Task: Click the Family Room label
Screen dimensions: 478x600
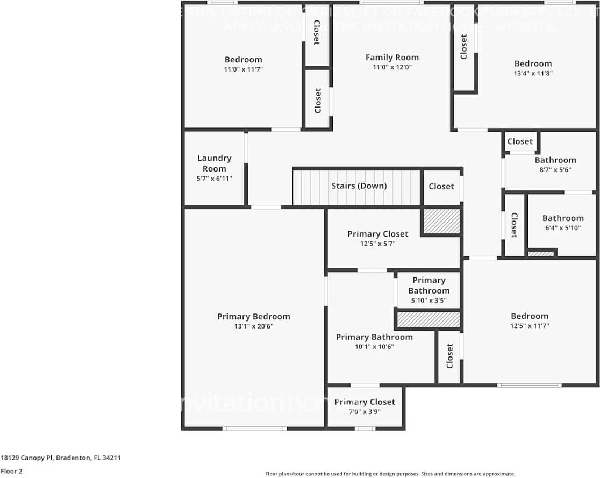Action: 392,58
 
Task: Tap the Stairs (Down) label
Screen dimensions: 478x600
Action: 359,186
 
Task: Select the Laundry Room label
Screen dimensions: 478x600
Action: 214,163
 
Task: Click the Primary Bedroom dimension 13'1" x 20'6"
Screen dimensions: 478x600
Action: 253,326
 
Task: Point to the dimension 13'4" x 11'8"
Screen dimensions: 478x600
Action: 532,73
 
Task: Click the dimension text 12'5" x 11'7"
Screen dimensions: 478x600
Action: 530,326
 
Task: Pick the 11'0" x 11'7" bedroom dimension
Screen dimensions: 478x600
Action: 243,69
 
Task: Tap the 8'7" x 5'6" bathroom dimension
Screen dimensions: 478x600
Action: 555,170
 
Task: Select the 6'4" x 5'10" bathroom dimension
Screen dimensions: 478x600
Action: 562,228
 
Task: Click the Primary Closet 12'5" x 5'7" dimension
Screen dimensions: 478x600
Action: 377,244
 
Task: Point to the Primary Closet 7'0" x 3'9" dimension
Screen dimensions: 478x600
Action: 365,412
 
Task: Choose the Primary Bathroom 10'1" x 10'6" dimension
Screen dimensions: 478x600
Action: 374,347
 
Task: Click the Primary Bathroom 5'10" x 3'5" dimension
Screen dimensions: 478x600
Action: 428,301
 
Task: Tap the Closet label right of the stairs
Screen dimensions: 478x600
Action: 441,186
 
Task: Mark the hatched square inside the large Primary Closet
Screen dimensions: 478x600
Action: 441,221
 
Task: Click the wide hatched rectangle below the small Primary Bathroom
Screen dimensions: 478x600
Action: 428,320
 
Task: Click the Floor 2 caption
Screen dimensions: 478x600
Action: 11,472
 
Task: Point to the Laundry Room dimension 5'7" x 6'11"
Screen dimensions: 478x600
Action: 214,179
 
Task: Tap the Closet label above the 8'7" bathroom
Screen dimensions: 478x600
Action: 520,141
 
